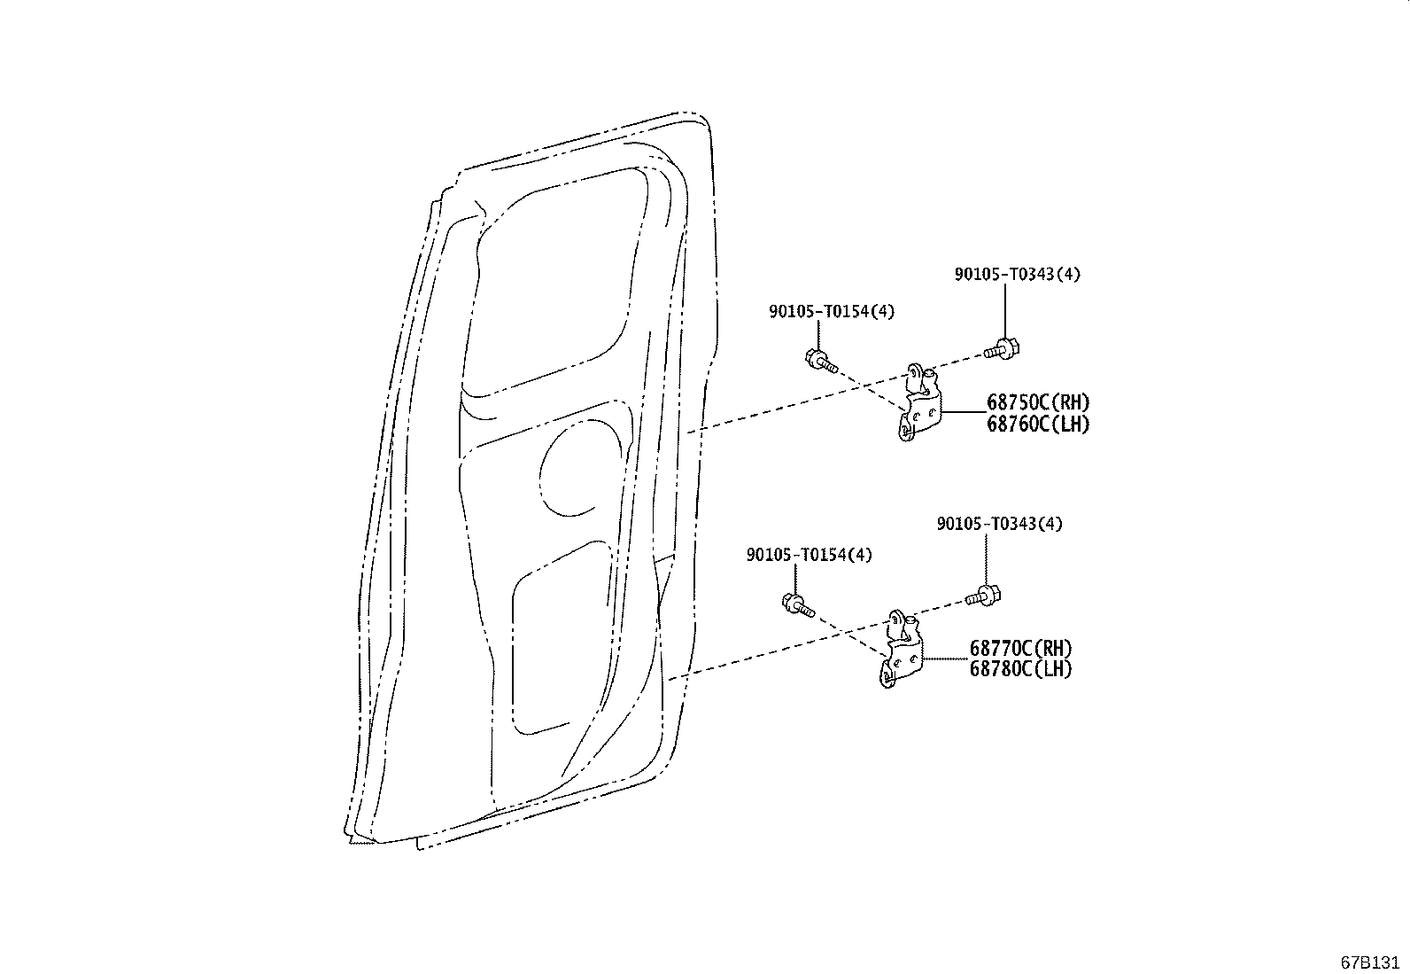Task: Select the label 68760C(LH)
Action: [x=1038, y=425]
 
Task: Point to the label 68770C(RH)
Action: [x=1020, y=649]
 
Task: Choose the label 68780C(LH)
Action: [x=1020, y=669]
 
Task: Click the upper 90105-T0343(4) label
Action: [x=1017, y=275]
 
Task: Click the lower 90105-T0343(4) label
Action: [x=999, y=524]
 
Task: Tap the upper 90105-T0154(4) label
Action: [x=832, y=311]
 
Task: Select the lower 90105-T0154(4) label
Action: [x=810, y=555]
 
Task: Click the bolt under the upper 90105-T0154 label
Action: [x=819, y=360]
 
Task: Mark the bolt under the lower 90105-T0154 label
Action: [x=797, y=604]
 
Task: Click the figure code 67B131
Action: [x=1371, y=962]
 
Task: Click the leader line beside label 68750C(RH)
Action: [x=964, y=412]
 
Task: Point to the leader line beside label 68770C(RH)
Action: [x=946, y=659]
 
